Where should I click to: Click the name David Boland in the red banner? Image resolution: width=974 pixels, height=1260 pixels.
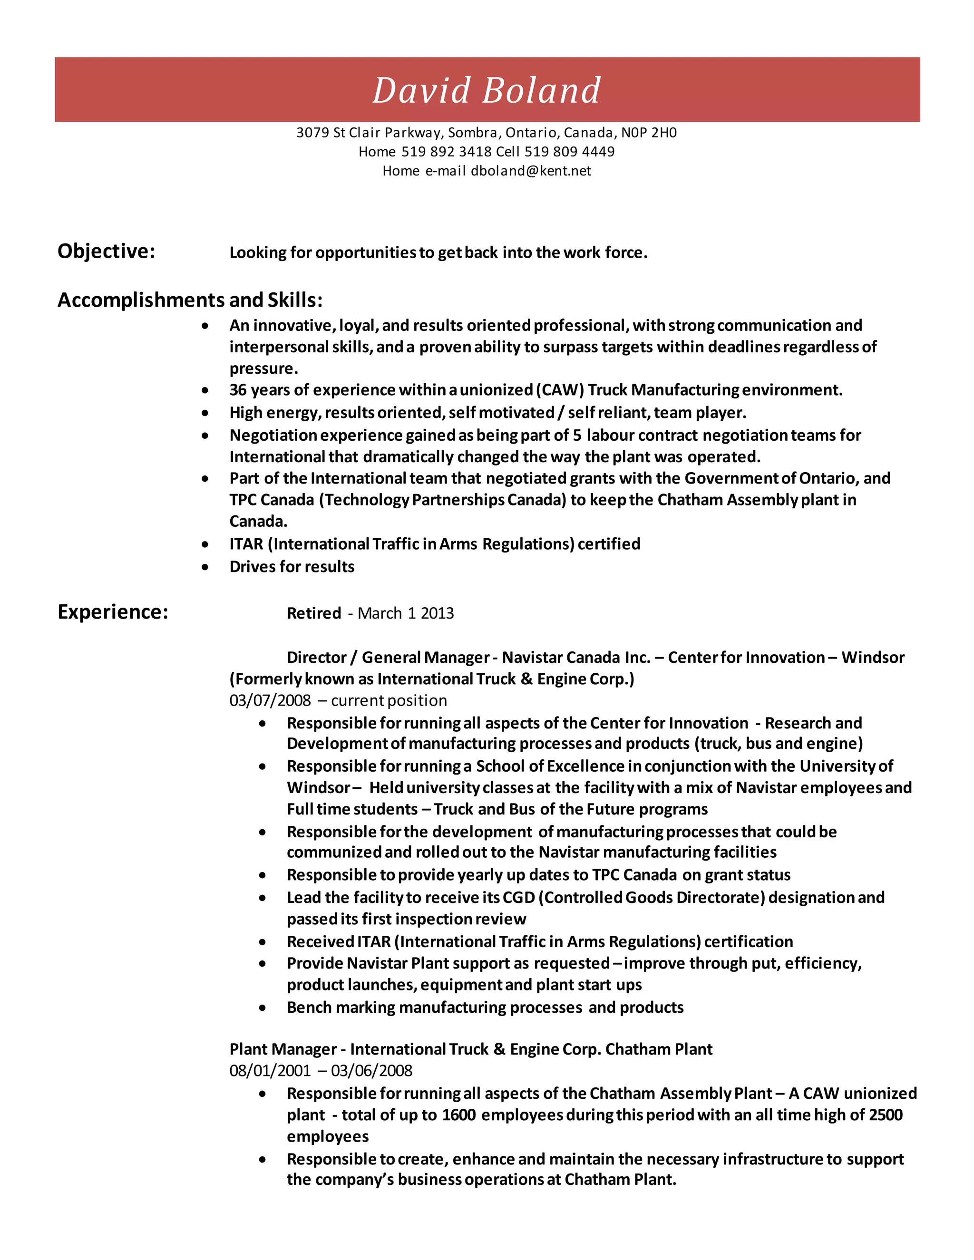pos(487,90)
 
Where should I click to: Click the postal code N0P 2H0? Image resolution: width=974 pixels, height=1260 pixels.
pos(649,133)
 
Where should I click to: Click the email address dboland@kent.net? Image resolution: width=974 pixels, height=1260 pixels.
pos(531,171)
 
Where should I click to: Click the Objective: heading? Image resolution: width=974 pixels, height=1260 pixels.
pos(106,252)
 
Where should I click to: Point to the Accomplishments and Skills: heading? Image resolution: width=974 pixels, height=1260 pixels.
pos(190,300)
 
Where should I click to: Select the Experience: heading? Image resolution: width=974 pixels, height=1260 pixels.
pos(113,611)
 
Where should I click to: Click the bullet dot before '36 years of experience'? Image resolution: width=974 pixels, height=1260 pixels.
pos(205,390)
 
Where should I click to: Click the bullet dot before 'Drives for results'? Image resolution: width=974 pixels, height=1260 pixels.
pos(205,567)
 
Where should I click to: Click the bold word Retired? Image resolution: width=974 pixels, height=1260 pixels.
pos(314,613)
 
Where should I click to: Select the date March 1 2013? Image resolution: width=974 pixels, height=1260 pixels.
pos(406,613)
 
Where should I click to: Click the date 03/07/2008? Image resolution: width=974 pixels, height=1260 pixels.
pos(270,700)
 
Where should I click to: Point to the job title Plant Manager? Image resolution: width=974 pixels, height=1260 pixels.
pos(283,1049)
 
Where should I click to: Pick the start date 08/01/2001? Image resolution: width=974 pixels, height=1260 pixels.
pos(270,1071)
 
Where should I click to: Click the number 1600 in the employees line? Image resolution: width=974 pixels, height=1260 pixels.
pos(459,1115)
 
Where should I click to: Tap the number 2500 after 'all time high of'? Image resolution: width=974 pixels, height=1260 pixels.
pos(885,1115)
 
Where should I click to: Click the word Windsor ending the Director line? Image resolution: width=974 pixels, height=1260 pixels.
pos(872,657)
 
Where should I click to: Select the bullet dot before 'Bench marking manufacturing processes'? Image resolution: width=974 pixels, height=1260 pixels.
pos(263,1008)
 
